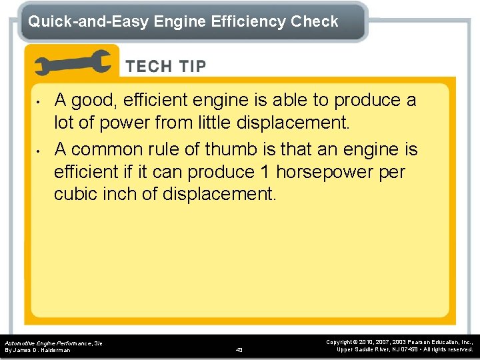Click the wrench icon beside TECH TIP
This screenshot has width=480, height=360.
[72, 63]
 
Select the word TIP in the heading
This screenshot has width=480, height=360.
[193, 67]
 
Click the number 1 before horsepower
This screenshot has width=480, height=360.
[263, 171]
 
